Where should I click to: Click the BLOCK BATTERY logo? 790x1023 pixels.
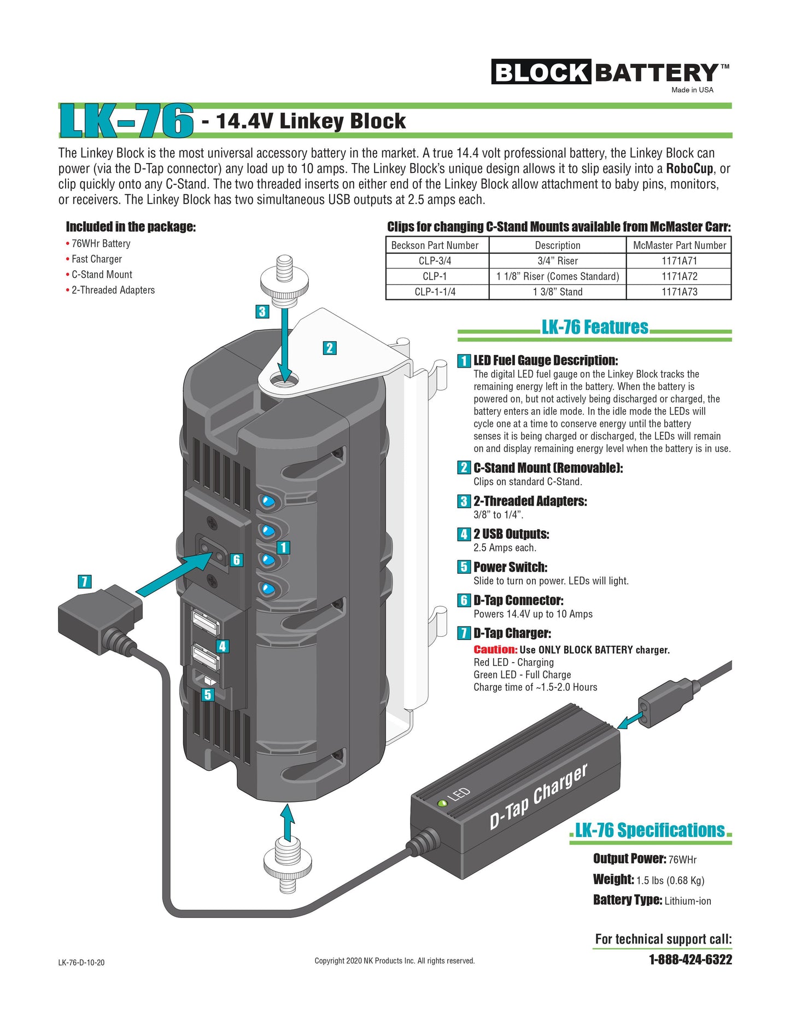pyautogui.click(x=610, y=73)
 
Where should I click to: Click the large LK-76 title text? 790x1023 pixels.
pyautogui.click(x=126, y=121)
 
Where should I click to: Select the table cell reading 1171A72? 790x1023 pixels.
pyautogui.click(x=679, y=276)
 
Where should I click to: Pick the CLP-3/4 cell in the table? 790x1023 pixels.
pyautogui.click(x=435, y=261)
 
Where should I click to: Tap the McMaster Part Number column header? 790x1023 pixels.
pyautogui.click(x=679, y=245)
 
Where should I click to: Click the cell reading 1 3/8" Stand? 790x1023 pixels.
pyautogui.click(x=557, y=292)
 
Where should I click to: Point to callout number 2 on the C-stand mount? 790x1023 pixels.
pyautogui.click(x=329, y=348)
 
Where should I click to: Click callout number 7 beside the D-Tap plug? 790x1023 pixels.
pyautogui.click(x=85, y=582)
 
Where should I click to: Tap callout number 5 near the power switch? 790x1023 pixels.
pyautogui.click(x=208, y=695)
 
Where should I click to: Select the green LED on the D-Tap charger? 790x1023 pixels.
pyautogui.click(x=442, y=804)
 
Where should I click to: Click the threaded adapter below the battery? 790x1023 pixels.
pyautogui.click(x=286, y=864)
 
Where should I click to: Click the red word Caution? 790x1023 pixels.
pyautogui.click(x=495, y=650)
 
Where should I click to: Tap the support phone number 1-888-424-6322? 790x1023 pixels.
pyautogui.click(x=690, y=960)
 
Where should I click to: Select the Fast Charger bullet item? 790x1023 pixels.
pyautogui.click(x=96, y=259)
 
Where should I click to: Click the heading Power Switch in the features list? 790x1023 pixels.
pyautogui.click(x=510, y=567)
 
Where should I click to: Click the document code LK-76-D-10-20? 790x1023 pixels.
pyautogui.click(x=81, y=962)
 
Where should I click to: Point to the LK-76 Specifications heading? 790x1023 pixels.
pyautogui.click(x=649, y=830)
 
